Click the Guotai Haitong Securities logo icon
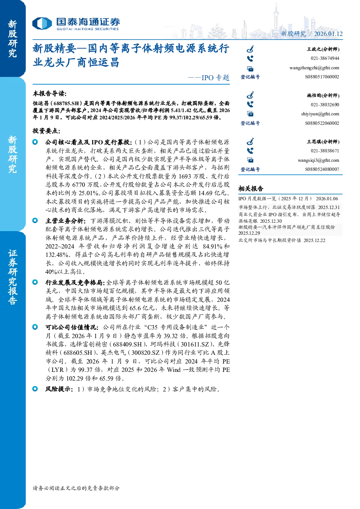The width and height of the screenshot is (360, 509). pyautogui.click(x=42, y=23)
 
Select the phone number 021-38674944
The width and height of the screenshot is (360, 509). pyautogui.click(x=325, y=58)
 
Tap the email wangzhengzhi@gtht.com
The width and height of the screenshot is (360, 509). pyautogui.click(x=314, y=68)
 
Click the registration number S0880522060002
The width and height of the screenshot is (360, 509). pyautogui.click(x=322, y=123)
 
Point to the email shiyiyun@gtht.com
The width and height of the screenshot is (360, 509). pyautogui.click(x=320, y=114)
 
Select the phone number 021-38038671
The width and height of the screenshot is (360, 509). pyautogui.click(x=325, y=151)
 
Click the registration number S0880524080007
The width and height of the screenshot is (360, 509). pyautogui.click(x=322, y=169)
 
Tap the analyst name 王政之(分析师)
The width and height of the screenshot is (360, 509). pyautogui.click(x=323, y=49)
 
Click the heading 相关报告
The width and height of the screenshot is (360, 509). pyautogui.click(x=251, y=188)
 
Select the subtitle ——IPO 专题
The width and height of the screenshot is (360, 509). pyautogui.click(x=209, y=78)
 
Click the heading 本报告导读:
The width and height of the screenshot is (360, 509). pyautogui.click(x=50, y=93)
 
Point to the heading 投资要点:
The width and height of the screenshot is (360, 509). pyautogui.click(x=46, y=131)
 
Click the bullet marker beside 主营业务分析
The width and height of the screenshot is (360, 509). pyautogui.click(x=35, y=221)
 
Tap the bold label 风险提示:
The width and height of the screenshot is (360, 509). pyautogui.click(x=59, y=389)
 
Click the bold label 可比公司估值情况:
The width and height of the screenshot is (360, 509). pyautogui.click(x=72, y=328)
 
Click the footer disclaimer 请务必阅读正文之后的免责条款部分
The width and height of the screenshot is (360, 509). pyautogui.click(x=76, y=488)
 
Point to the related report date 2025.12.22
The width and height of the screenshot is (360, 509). pyautogui.click(x=314, y=241)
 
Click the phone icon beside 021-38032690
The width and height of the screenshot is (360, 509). pyautogui.click(x=250, y=104)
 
